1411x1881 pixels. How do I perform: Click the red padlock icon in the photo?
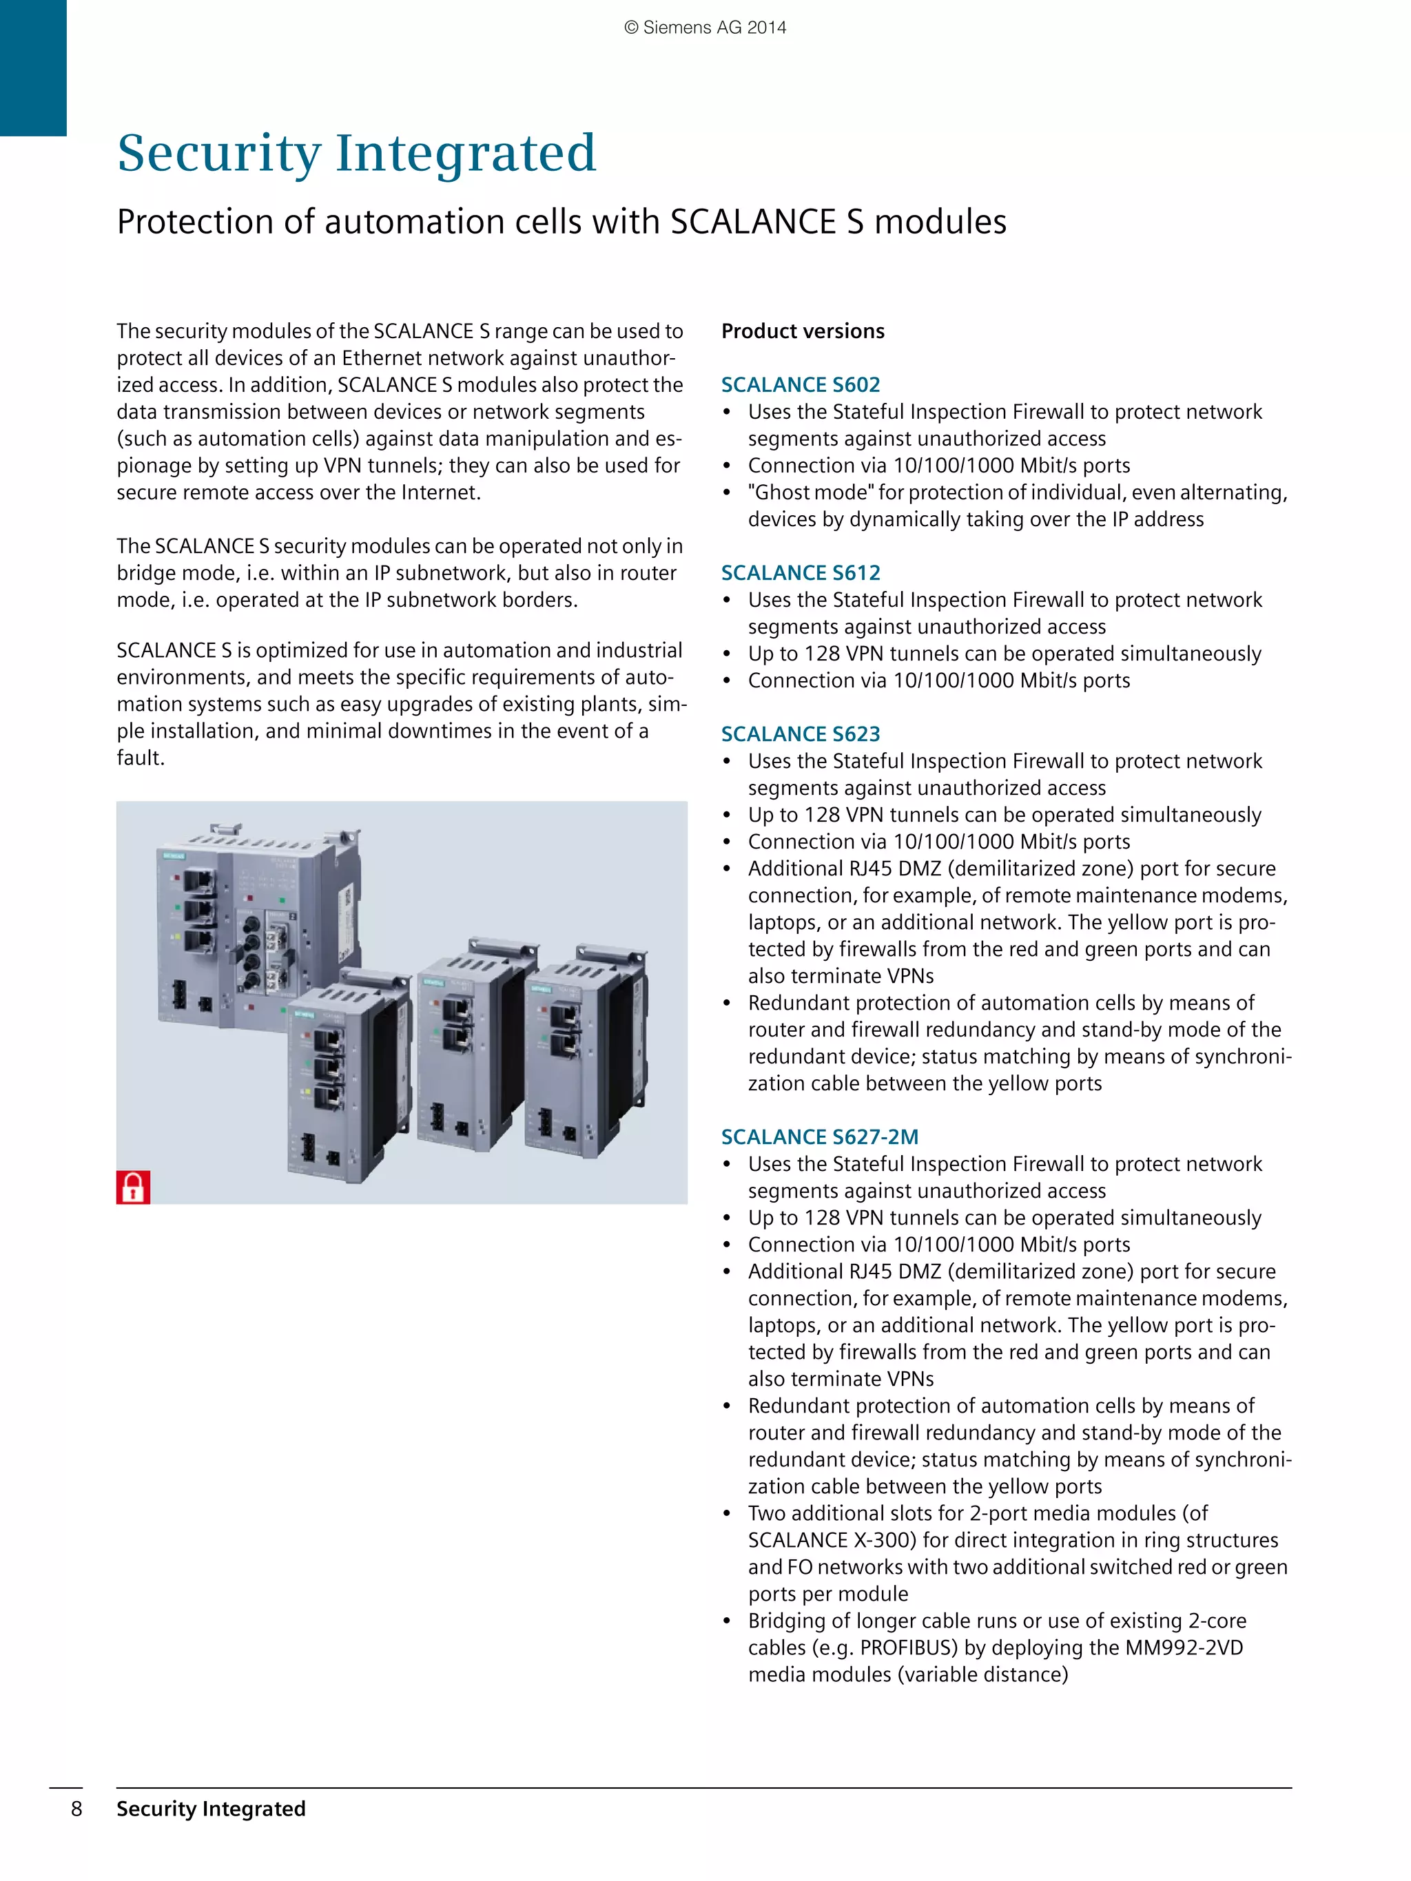point(133,1187)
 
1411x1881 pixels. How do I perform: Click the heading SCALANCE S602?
point(801,384)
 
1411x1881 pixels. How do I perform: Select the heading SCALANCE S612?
point(801,572)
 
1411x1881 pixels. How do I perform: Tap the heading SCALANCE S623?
point(801,734)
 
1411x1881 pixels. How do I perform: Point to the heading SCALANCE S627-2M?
point(820,1137)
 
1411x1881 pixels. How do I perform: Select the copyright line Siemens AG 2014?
point(705,28)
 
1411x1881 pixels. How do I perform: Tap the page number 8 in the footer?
point(76,1809)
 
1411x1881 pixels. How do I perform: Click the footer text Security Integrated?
point(211,1809)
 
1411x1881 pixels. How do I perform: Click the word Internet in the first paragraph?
point(438,492)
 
